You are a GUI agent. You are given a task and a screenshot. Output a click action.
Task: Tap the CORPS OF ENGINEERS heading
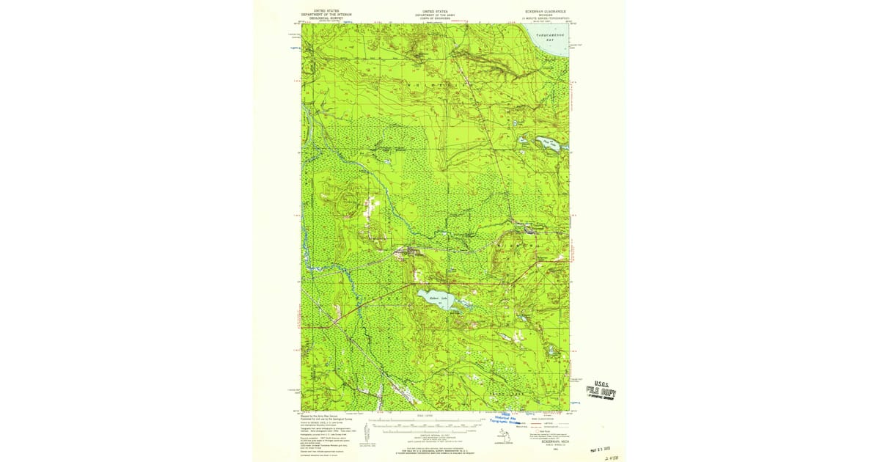tap(436, 18)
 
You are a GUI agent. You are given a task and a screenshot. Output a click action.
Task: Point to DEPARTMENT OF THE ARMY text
tap(436, 15)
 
